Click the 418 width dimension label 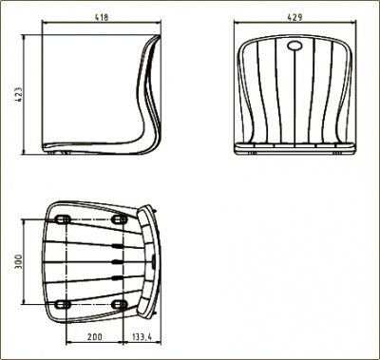coord(102,17)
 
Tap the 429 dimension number coord(294,17)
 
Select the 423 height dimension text coord(19,94)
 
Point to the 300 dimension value coord(19,261)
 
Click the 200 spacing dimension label coord(95,337)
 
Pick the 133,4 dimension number coord(142,337)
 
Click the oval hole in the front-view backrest coord(294,46)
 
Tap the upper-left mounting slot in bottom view coord(63,219)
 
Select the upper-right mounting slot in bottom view coord(120,219)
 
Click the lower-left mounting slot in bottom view coord(63,304)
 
